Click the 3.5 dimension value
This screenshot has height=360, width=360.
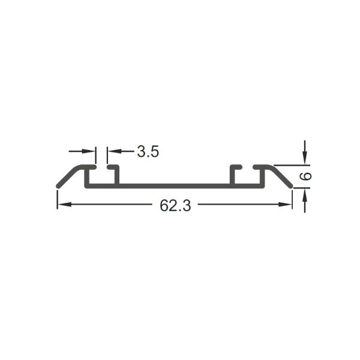148,152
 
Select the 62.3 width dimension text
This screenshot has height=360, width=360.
175,205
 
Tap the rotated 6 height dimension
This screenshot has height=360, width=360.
305,176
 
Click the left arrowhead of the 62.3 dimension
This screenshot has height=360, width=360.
64,205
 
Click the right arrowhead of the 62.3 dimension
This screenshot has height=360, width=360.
285,205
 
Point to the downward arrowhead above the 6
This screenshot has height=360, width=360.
305,158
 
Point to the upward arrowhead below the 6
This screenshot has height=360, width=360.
305,194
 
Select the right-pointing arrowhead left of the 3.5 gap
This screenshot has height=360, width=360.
89,151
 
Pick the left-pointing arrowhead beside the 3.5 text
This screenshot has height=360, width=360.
114,151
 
